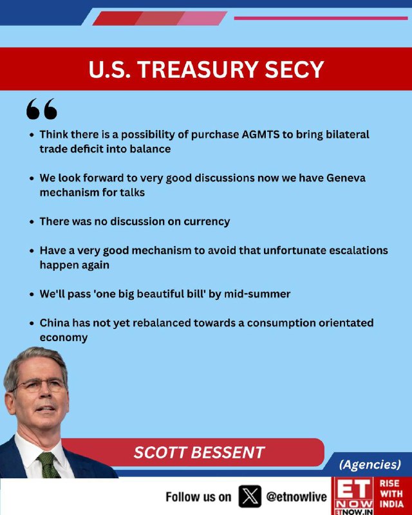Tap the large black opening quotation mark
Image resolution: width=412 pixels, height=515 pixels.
(41, 108)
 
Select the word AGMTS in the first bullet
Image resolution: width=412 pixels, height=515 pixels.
(261, 135)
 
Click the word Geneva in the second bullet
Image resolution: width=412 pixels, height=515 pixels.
(346, 178)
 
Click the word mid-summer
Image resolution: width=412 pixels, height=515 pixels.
(257, 294)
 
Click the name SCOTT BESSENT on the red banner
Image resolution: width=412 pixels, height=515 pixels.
(199, 453)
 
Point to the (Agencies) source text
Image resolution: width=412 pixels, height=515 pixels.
(370, 464)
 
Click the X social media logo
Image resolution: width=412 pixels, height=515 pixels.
(250, 496)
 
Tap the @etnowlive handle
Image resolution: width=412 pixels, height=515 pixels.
(296, 496)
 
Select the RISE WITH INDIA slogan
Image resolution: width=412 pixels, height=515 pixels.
(391, 494)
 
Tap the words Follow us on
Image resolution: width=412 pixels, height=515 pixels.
(198, 497)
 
